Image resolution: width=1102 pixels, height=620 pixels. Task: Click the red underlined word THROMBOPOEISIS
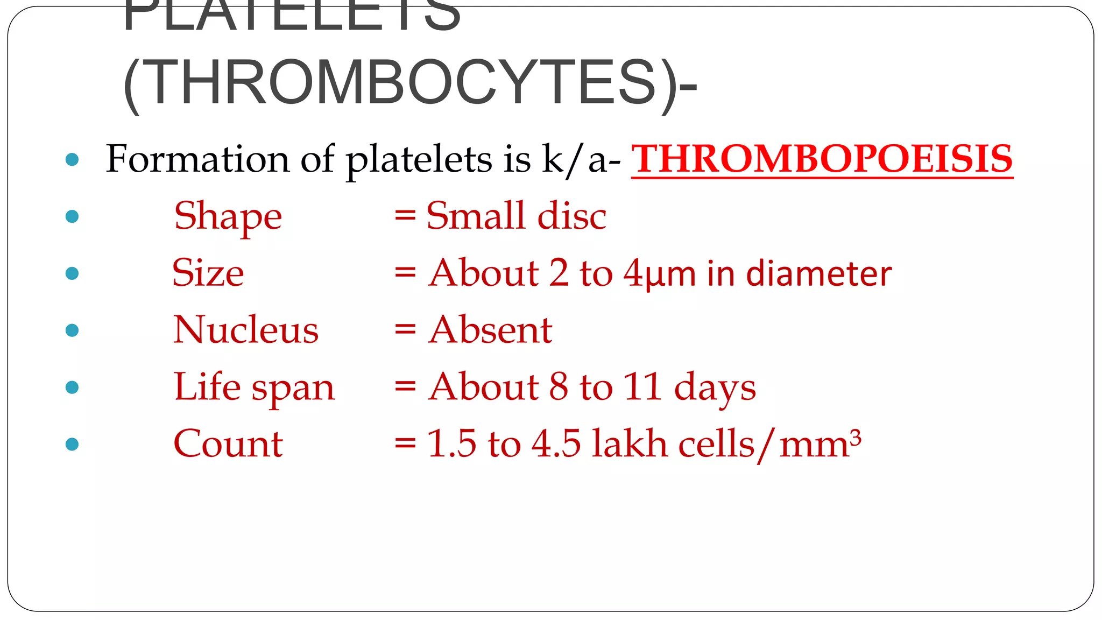pyautogui.click(x=822, y=159)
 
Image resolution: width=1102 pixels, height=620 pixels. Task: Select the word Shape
pyautogui.click(x=228, y=216)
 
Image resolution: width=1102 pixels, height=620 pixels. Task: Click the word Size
pyautogui.click(x=208, y=273)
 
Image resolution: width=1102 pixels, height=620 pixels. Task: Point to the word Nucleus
pyautogui.click(x=246, y=330)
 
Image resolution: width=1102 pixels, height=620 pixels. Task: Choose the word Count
pyautogui.click(x=228, y=444)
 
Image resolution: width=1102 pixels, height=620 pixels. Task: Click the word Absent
pyautogui.click(x=490, y=330)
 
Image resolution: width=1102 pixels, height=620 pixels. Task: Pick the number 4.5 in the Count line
pyautogui.click(x=556, y=444)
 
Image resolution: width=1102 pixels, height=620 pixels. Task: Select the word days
pyautogui.click(x=715, y=388)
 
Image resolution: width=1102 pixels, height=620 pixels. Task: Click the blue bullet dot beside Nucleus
pyautogui.click(x=72, y=330)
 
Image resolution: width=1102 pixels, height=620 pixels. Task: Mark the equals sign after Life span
pyautogui.click(x=405, y=387)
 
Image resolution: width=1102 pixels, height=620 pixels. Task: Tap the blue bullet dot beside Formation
pyautogui.click(x=72, y=159)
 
